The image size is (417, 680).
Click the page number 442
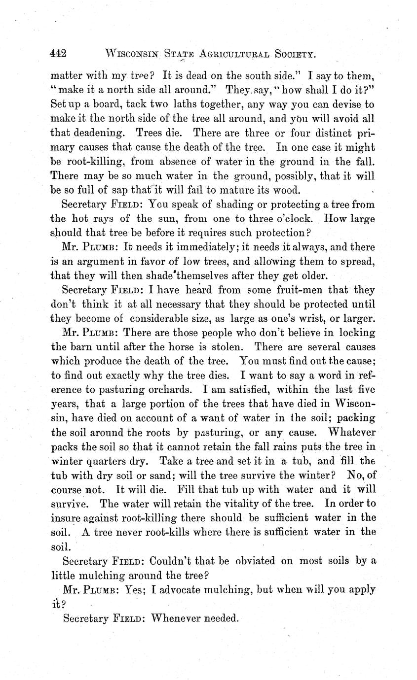click(x=58, y=54)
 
